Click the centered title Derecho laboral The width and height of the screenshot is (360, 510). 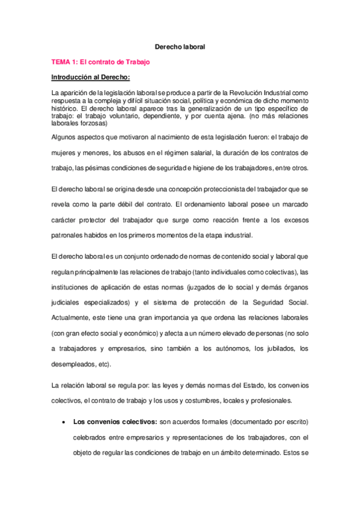point(180,46)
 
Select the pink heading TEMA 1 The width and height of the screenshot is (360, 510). point(100,62)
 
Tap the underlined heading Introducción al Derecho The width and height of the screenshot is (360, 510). point(91,78)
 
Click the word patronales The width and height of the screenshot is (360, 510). point(70,235)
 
